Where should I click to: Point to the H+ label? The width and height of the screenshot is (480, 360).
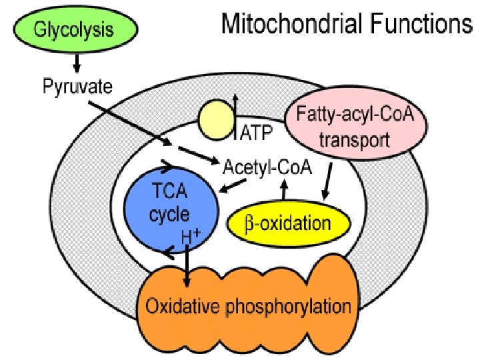click(192, 234)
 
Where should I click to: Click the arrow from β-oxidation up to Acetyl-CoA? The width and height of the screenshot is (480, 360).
click(285, 192)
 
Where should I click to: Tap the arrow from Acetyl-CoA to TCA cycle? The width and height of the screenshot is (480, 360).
click(231, 187)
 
